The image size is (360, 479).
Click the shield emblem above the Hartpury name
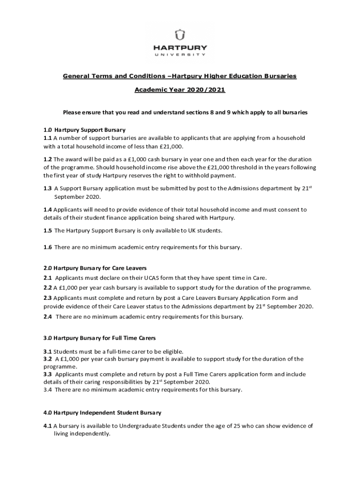[180, 35]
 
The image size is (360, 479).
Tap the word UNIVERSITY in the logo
[180, 55]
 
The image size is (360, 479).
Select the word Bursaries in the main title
[278, 76]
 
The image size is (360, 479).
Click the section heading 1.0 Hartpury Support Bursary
[84, 130]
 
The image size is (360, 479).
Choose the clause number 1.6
[48, 247]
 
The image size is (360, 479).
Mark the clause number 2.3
[48, 298]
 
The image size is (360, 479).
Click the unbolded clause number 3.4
[48, 390]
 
